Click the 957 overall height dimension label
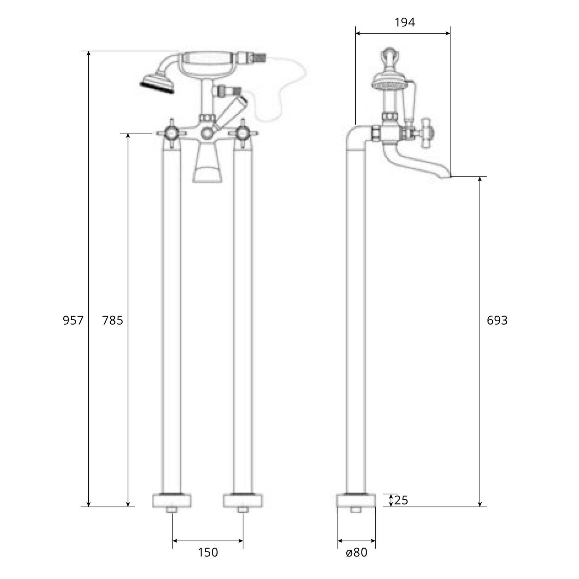73,320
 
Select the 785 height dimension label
113,320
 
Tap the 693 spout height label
497,320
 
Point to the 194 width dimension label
405,22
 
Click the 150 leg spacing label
208,552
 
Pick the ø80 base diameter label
356,552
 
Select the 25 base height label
401,500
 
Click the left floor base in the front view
171,500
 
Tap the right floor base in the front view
243,500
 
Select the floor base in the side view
356,500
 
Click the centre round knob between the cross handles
207,134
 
